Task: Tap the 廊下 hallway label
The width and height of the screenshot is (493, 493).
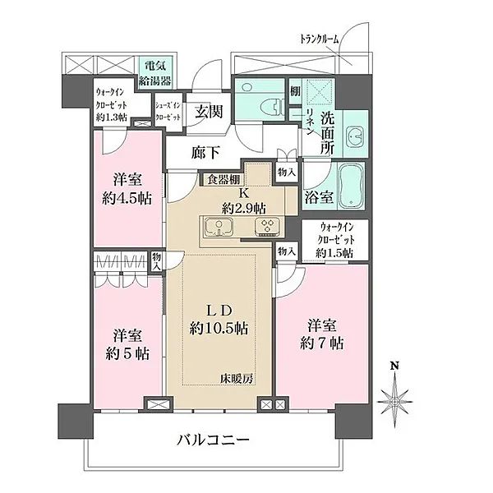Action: [205, 152]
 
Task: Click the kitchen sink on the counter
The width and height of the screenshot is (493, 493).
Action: [219, 227]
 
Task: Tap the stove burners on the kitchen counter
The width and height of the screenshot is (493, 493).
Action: [267, 227]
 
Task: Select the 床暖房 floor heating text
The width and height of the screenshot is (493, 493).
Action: [237, 378]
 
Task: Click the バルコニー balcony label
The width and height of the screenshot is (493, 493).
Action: [212, 441]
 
